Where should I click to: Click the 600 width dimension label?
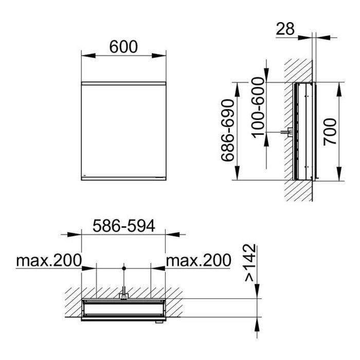tap(123, 47)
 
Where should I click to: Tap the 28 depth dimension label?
tap(285, 29)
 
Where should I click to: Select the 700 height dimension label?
tap(330, 132)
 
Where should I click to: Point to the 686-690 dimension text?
tap(227, 131)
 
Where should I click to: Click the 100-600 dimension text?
tap(258, 108)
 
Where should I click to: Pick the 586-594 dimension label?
tap(124, 226)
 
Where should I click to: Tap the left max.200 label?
tap(49, 260)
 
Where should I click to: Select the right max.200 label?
tap(199, 260)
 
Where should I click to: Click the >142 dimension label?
tap(250, 262)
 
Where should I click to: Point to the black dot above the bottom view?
tap(124, 268)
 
